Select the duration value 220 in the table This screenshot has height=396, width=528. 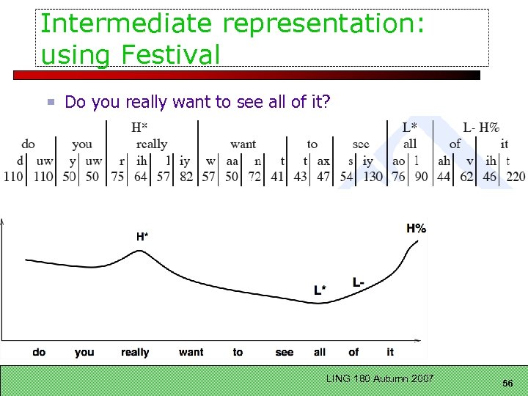click(516, 177)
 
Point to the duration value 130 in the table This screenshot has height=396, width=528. click(373, 177)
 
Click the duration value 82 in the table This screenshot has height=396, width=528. click(186, 177)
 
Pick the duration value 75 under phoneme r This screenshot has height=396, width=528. click(117, 177)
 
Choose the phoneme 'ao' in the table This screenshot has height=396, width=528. click(399, 161)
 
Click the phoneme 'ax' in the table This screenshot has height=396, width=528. click(323, 161)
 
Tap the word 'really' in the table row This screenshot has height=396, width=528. click(152, 144)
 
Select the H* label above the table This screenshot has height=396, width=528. click(139, 128)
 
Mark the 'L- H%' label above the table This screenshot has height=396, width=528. click(481, 128)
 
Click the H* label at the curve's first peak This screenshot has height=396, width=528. click(142, 236)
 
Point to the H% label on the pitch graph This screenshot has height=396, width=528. click(416, 228)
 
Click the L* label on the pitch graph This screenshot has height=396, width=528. click(320, 290)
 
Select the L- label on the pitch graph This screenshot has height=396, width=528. click(358, 282)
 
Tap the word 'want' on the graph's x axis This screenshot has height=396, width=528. click(191, 352)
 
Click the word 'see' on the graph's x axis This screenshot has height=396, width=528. click(285, 352)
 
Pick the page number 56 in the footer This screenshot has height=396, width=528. click(507, 384)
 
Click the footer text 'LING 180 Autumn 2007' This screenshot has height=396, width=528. click(380, 378)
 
